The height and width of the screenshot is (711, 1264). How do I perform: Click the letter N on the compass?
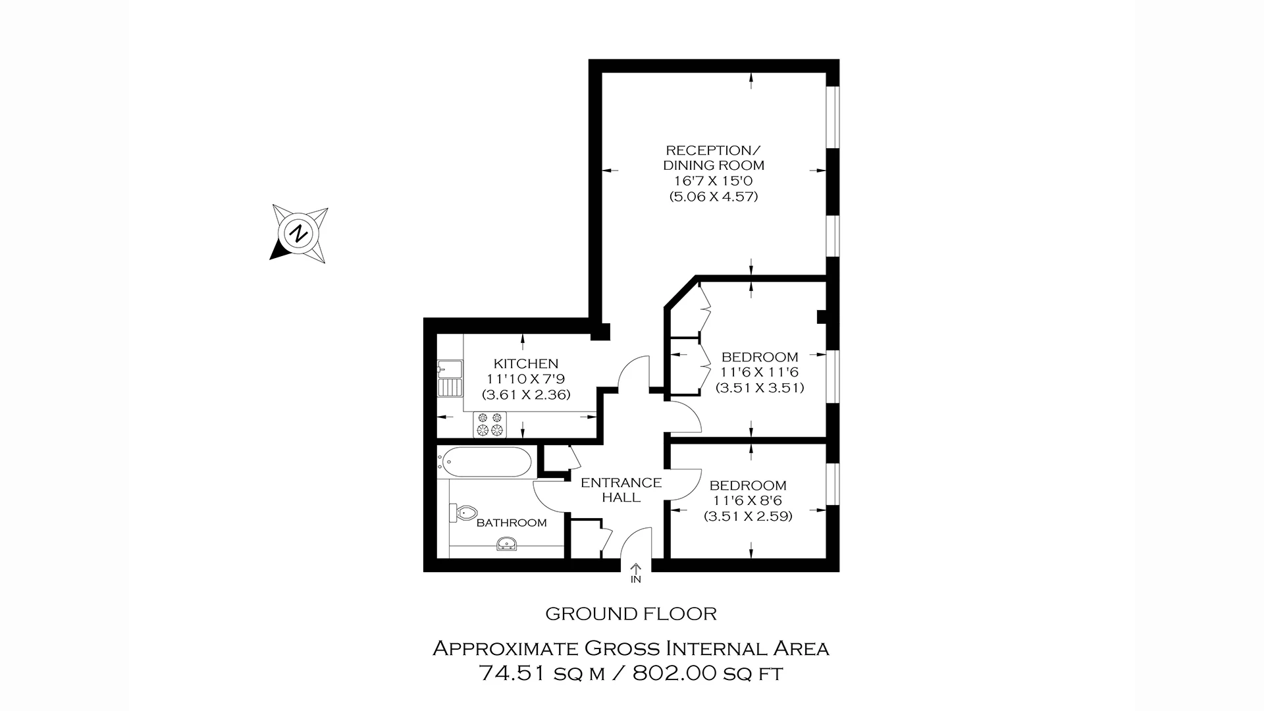click(300, 233)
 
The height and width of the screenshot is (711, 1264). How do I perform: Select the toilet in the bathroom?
click(463, 512)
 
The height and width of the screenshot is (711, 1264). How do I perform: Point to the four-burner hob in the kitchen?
click(490, 424)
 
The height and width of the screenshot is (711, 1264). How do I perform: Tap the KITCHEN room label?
click(525, 363)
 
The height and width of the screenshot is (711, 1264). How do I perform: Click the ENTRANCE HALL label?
click(621, 490)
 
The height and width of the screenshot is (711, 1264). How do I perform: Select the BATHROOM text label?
click(512, 523)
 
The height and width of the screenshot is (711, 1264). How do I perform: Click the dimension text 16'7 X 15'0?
click(714, 181)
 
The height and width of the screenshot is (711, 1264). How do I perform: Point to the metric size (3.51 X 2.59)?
click(747, 516)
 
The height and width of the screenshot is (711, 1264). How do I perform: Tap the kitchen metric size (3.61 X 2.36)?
click(525, 395)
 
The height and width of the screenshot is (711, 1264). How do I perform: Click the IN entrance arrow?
click(636, 573)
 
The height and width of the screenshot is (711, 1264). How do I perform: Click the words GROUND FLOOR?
click(631, 614)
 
